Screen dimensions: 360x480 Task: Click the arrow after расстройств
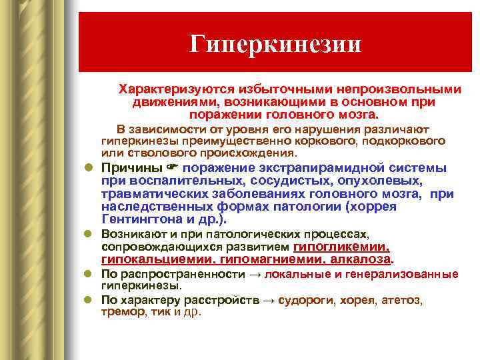(x=269, y=300)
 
